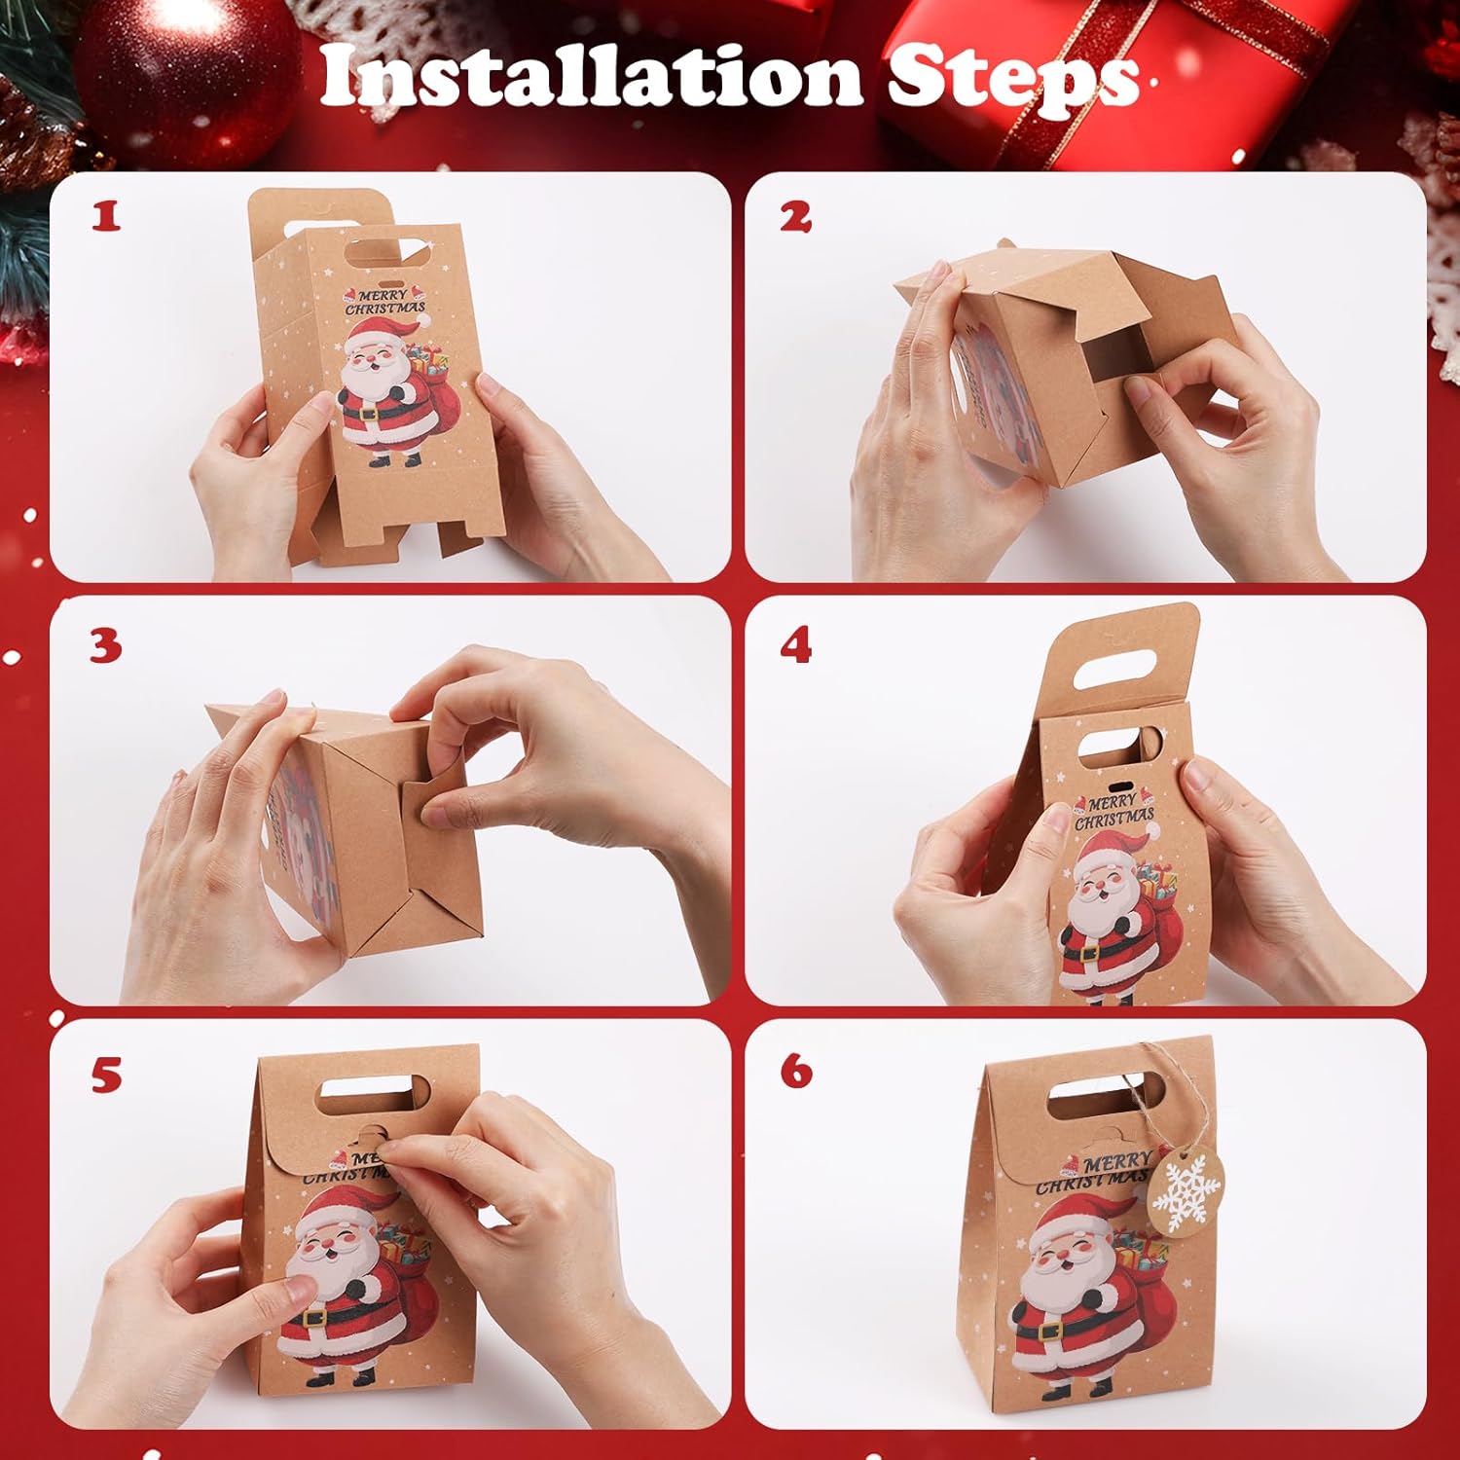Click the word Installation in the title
[591, 75]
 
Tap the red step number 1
[106, 215]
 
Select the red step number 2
[795, 216]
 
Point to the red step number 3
[106, 646]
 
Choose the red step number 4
[796, 645]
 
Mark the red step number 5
[106, 1075]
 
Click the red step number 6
[796, 1071]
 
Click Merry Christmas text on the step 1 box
[387, 301]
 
